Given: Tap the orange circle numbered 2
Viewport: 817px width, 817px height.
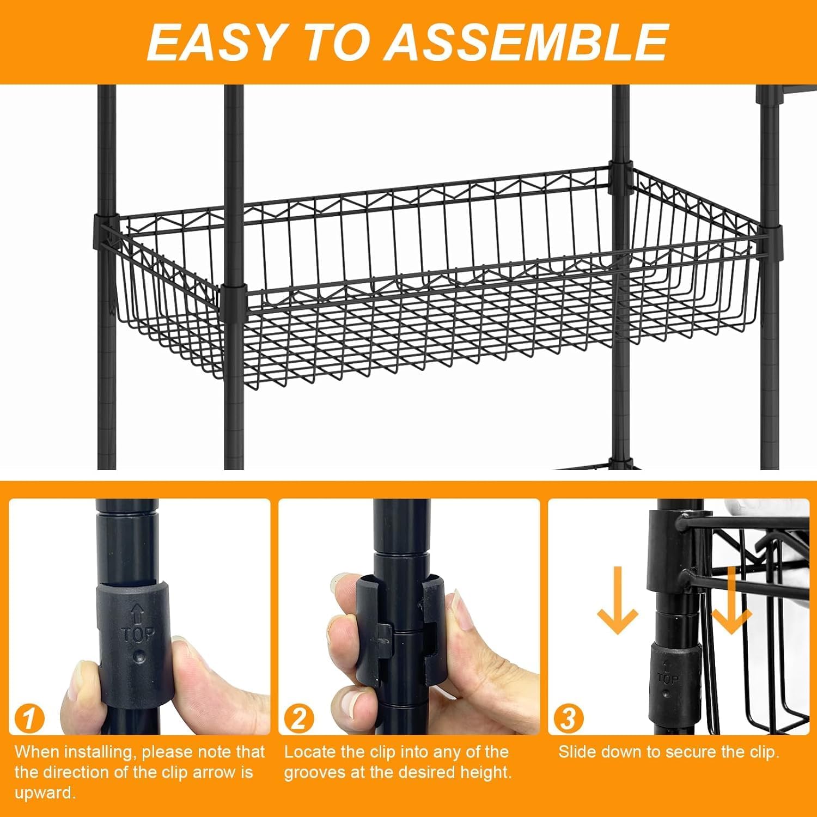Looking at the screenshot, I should (298, 719).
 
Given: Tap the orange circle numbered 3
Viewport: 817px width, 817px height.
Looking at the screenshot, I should (568, 719).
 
